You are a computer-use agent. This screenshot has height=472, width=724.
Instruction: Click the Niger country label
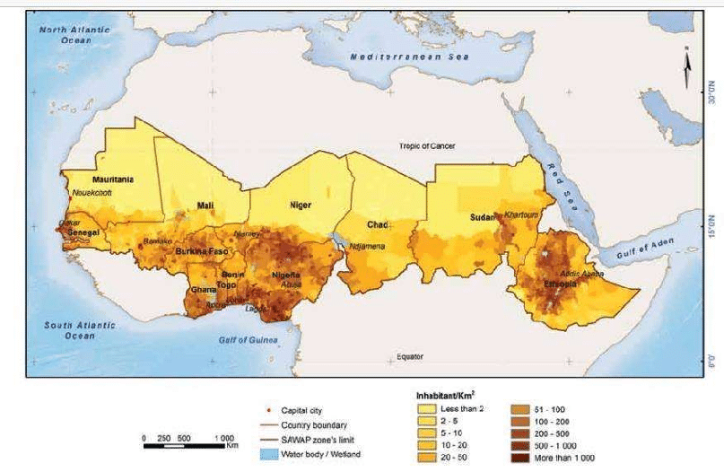[300, 205]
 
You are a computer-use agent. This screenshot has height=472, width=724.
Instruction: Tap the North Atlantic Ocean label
[74, 35]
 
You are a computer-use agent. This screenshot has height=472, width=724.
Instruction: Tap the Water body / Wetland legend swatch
[261, 456]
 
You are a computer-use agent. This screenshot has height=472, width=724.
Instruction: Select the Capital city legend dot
[261, 408]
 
